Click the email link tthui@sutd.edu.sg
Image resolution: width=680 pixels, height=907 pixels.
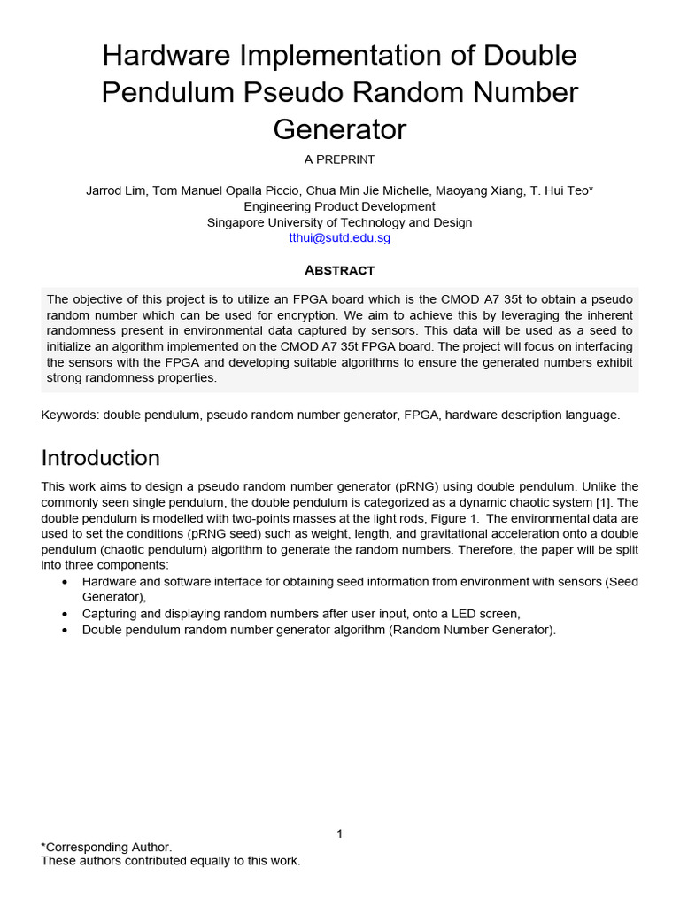(339, 238)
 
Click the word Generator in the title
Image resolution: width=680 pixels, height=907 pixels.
(339, 129)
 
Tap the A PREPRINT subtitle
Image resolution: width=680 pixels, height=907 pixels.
(339, 160)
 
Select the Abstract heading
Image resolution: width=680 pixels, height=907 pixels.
(339, 270)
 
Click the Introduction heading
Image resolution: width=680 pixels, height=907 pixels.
(101, 458)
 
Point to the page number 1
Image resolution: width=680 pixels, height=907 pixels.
(339, 833)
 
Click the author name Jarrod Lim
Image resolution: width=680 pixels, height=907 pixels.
(113, 191)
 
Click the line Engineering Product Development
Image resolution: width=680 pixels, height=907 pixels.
(339, 207)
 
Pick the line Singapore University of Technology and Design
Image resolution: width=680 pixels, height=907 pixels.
(339, 223)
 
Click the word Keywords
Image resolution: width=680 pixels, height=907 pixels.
(70, 415)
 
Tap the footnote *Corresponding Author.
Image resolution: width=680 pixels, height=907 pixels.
(107, 847)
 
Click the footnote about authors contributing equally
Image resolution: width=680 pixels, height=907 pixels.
(171, 861)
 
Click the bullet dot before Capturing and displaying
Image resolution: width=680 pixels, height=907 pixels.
(66, 614)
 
